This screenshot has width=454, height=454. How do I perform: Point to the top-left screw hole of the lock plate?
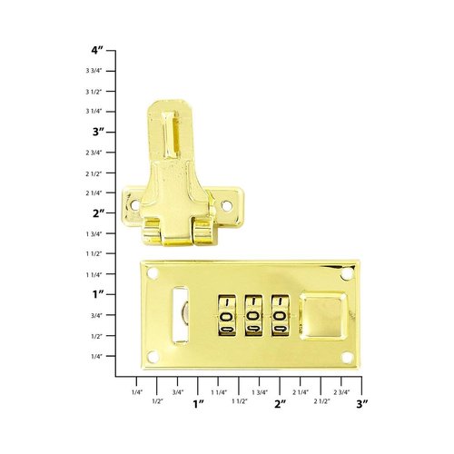pos(153,272)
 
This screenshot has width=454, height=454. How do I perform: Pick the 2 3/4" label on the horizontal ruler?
pos(342,391)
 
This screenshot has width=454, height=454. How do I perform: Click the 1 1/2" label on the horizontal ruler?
pos(240,400)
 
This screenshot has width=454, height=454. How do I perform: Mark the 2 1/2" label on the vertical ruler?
pos(94,173)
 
